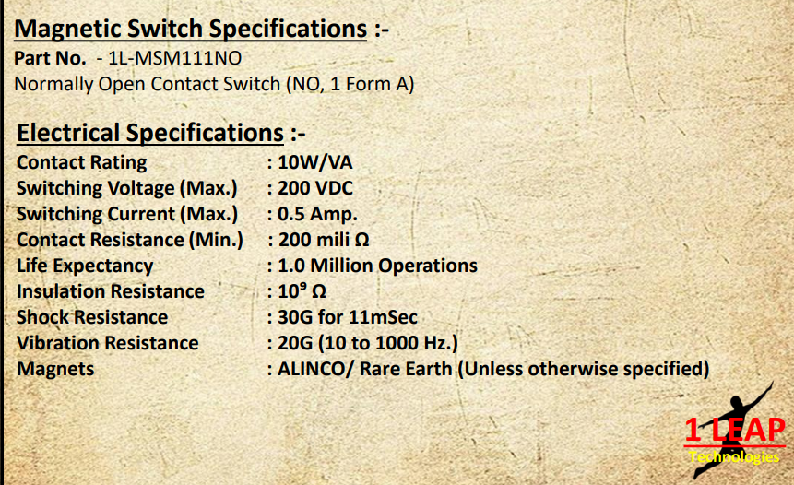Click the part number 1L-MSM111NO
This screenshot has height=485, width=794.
pos(175,58)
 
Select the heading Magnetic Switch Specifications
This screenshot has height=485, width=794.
pos(190,29)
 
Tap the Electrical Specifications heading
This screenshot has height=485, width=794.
pos(150,133)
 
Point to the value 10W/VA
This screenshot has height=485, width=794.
pos(315,162)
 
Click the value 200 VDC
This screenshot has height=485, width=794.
pos(315,188)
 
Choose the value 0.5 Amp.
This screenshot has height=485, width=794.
pos(317,214)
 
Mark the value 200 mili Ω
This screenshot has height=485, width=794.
pos(324,240)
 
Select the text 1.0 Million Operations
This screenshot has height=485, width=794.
pos(377,266)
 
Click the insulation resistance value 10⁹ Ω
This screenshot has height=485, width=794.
pos(302,291)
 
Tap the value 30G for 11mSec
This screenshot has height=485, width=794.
pos(348,317)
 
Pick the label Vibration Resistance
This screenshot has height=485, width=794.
pos(107,343)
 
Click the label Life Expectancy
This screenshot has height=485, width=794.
pos(85,266)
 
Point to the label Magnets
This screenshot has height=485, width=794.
pos(55,369)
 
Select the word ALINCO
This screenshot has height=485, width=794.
pos(312,369)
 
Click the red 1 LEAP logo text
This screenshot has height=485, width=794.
pos(735,431)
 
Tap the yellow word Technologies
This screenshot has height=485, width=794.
pos(734,457)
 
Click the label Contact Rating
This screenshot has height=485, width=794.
pos(81,162)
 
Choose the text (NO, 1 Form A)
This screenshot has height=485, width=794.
pos(350,84)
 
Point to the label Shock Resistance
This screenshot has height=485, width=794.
pos(92,317)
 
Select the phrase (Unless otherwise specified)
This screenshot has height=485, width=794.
pos(584,369)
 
